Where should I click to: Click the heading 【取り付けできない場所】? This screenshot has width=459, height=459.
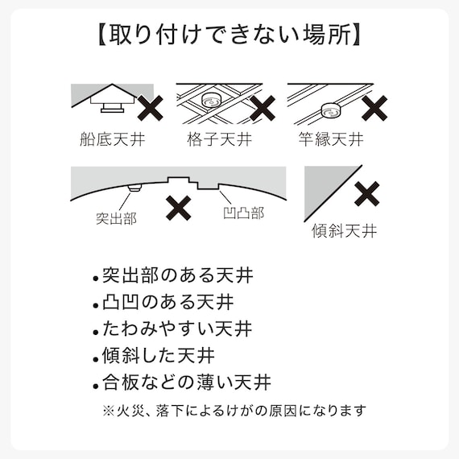pos(229,35)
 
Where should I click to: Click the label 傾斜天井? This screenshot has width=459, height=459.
pos(344,232)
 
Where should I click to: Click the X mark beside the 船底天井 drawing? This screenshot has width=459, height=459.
pos(151,107)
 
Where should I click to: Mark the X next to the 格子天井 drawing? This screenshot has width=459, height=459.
pos(262,107)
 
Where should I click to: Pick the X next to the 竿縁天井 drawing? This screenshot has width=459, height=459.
pos(374,107)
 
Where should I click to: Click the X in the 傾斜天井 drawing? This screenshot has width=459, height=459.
pos(367,192)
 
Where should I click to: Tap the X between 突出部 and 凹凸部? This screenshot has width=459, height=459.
pos(178,208)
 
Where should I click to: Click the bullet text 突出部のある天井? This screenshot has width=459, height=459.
pos(177,276)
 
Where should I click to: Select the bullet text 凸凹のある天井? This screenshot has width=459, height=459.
pos(167,303)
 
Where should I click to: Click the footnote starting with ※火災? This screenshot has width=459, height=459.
pos(234,410)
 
